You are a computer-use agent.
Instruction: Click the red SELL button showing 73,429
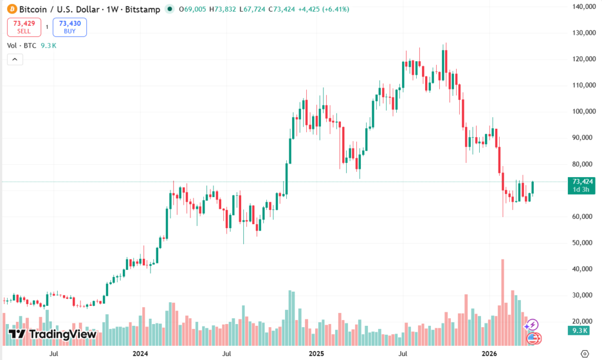tap(24, 27)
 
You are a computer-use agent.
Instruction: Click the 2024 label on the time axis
tap(140, 354)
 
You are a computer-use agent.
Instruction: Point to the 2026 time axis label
tap(490, 354)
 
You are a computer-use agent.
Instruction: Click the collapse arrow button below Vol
tap(15, 59)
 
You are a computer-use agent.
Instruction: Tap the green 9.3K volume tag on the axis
tap(580, 331)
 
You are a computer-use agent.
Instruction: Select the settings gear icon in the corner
tap(584, 354)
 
